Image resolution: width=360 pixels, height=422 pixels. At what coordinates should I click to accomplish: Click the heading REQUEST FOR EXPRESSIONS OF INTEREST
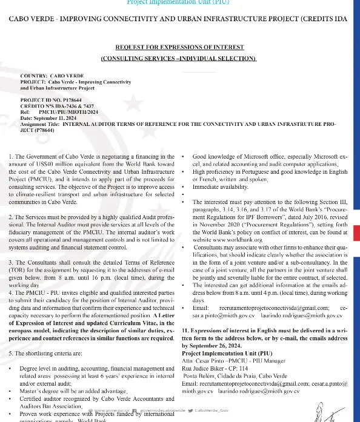coord(179,47)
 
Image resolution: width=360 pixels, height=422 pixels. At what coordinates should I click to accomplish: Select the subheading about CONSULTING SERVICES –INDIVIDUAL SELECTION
coord(179,58)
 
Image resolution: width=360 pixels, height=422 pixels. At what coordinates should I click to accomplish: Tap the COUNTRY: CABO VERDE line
coord(52,75)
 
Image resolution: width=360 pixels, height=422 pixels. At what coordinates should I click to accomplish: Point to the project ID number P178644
coord(67,98)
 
